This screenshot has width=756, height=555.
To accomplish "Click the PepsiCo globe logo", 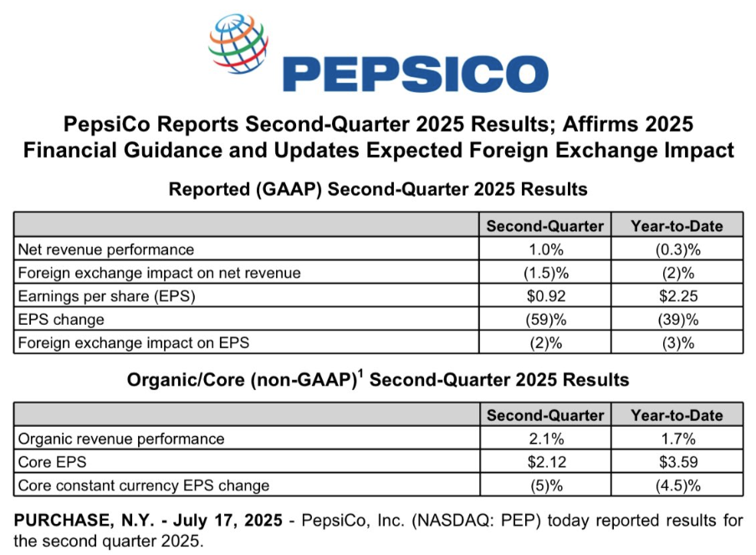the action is pyautogui.click(x=238, y=44).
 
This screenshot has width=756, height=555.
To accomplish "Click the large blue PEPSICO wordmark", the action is pyautogui.click(x=416, y=74).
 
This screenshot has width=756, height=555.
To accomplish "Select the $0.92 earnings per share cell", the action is pyautogui.click(x=546, y=295).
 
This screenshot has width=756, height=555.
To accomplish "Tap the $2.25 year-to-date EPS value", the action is pyautogui.click(x=678, y=295).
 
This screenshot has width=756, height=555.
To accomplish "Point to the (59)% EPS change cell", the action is pyautogui.click(x=546, y=320).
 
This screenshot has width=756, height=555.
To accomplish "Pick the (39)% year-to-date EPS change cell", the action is pyautogui.click(x=678, y=320).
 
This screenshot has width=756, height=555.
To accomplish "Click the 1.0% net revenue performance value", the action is pyautogui.click(x=546, y=249).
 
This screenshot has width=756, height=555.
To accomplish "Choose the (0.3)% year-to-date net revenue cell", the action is pyautogui.click(x=678, y=249).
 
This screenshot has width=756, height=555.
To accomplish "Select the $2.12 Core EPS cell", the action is pyautogui.click(x=546, y=462).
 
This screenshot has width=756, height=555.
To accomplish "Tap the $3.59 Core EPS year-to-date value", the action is pyautogui.click(x=678, y=462).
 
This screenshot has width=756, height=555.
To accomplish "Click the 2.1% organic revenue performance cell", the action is pyautogui.click(x=546, y=439).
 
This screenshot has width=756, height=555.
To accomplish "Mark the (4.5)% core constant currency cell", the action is pyautogui.click(x=678, y=486).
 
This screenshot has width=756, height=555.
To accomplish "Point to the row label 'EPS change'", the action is pyautogui.click(x=61, y=320).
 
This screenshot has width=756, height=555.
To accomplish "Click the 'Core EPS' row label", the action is pyautogui.click(x=52, y=462).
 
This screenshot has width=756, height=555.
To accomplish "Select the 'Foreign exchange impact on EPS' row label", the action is pyautogui.click(x=134, y=342).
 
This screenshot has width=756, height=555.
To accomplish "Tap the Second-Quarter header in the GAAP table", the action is pyautogui.click(x=544, y=226).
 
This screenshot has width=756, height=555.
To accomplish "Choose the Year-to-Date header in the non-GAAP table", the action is pyautogui.click(x=677, y=415).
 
